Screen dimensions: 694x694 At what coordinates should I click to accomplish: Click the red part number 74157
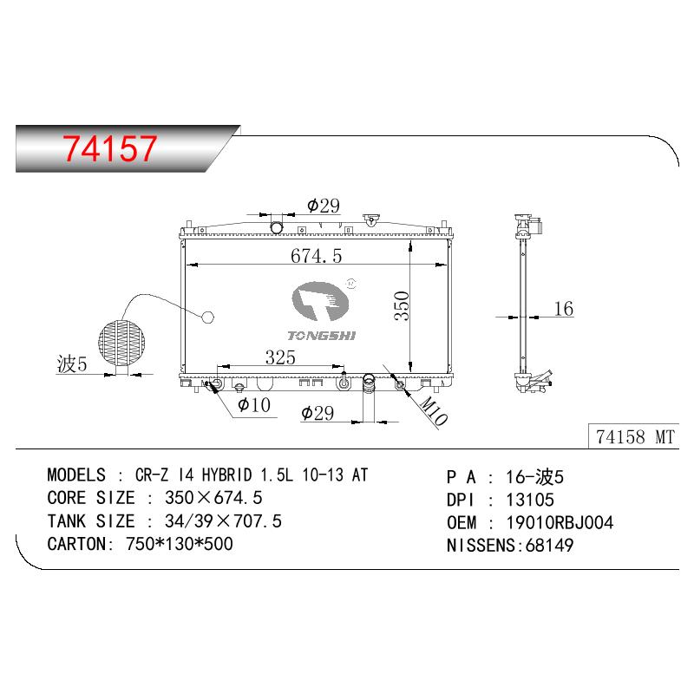point(110,147)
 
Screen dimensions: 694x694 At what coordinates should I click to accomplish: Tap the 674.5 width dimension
point(316,256)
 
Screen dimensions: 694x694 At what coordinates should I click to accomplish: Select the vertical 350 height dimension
point(402,305)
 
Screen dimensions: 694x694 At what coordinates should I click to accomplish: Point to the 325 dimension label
point(280,357)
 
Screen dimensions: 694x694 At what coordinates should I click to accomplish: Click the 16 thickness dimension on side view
point(563,309)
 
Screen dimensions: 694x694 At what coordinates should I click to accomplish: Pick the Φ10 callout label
point(253,404)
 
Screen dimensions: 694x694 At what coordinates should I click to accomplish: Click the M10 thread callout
point(433,410)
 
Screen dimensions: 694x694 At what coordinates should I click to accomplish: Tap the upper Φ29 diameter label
point(324,206)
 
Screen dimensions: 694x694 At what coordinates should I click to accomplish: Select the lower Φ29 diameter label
point(318,413)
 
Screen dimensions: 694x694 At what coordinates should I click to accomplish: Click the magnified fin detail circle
point(121,342)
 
